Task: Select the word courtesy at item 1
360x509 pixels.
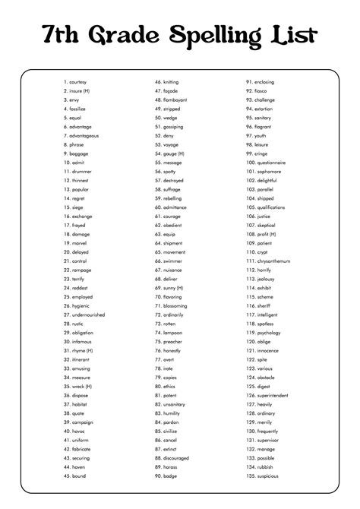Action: click(78, 81)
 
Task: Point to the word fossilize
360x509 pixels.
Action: click(78, 108)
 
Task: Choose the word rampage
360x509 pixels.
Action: click(82, 270)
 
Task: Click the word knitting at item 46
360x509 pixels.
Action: click(172, 81)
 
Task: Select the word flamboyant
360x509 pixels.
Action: click(177, 99)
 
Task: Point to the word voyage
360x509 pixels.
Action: click(172, 144)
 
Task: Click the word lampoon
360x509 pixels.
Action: click(174, 332)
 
